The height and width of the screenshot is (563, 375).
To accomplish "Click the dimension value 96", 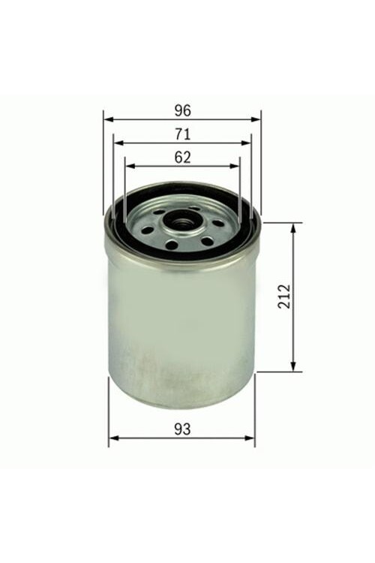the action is [x=183, y=110].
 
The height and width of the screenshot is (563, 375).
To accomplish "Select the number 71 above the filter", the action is [x=183, y=134].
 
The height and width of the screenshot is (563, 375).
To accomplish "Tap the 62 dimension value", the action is [x=183, y=158].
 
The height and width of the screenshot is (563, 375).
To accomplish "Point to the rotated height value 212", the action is [x=283, y=297].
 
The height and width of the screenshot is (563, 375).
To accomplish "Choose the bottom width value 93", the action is [x=182, y=429].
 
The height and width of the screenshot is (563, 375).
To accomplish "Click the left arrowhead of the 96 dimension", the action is [x=108, y=119].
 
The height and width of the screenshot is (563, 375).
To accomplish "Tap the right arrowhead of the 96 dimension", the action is [x=256, y=119].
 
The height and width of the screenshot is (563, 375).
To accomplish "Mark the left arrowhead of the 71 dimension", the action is [x=118, y=143].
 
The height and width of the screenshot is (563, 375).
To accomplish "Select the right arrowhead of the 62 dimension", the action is [x=234, y=166].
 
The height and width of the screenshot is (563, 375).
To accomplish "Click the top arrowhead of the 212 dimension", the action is [x=293, y=227].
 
